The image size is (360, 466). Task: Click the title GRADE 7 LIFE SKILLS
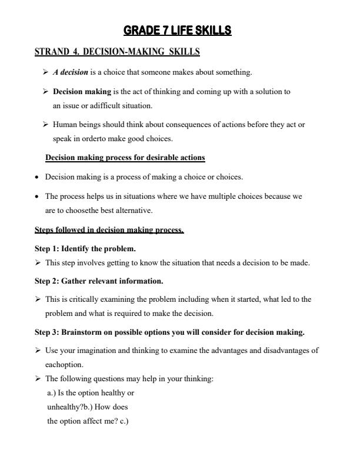[178, 31]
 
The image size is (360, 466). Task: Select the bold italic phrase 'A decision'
[70, 72]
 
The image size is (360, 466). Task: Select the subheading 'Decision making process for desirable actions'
[125, 158]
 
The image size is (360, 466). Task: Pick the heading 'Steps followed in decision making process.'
[109, 230]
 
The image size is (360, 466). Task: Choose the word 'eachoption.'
[64, 365]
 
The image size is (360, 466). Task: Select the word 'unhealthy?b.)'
[70, 407]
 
